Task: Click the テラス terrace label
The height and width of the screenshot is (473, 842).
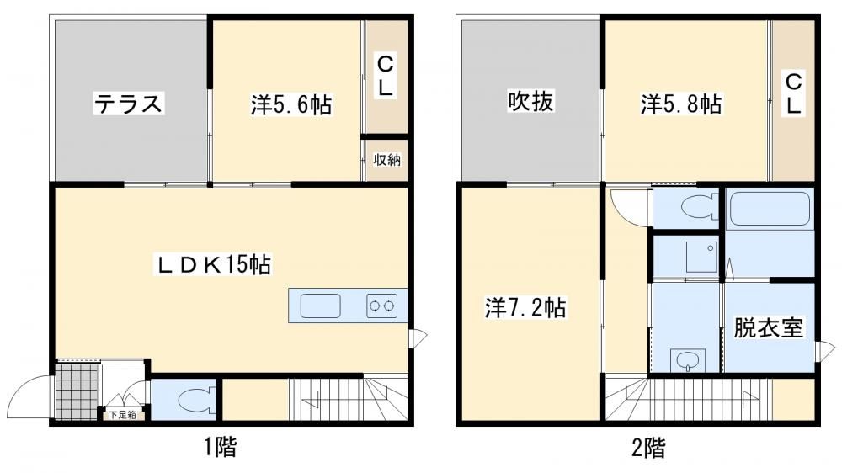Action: (x=128, y=103)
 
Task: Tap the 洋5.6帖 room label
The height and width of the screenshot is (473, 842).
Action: (x=290, y=104)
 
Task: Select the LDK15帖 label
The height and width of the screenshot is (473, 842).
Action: (x=214, y=264)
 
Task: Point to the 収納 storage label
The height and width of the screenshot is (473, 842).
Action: (x=386, y=159)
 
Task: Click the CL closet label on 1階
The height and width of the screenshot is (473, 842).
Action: (x=385, y=76)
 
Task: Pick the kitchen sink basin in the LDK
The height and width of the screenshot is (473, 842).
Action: (x=320, y=306)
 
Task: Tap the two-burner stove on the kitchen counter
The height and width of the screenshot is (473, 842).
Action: (x=382, y=306)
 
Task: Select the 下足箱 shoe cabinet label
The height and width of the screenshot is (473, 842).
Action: (x=123, y=414)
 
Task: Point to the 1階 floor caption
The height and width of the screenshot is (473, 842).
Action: (x=220, y=446)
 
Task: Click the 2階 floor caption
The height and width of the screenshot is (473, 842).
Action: (x=648, y=447)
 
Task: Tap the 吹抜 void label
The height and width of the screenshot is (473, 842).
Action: (x=530, y=101)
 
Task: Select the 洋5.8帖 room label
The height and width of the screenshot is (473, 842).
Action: (x=681, y=104)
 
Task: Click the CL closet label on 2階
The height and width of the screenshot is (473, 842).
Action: (x=794, y=94)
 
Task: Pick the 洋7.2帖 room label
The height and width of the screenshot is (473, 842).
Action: (x=525, y=308)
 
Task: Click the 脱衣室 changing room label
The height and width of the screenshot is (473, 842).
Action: (x=769, y=327)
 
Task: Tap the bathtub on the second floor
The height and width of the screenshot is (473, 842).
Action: (x=770, y=210)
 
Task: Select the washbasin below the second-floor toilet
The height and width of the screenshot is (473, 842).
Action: (x=687, y=359)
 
